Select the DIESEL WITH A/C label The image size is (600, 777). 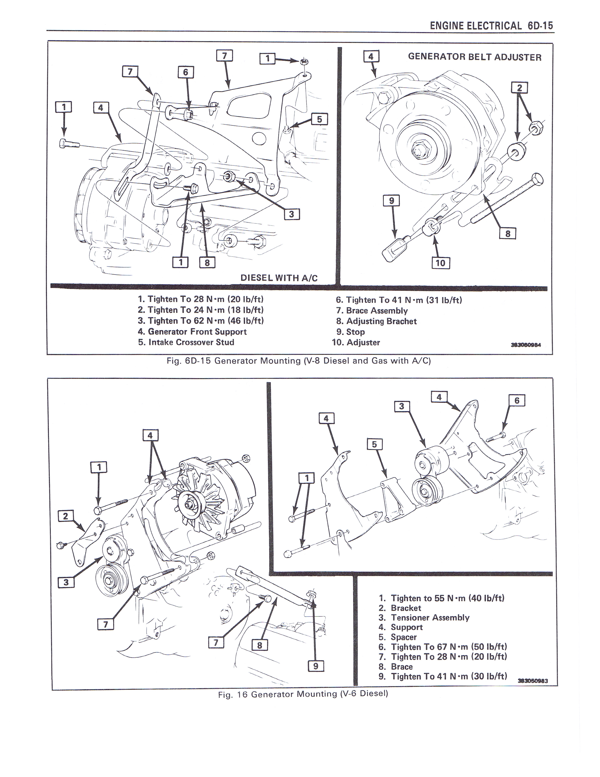279,278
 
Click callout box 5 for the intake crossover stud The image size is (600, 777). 319,119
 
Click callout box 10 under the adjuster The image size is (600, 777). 440,263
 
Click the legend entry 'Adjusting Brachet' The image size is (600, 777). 376,321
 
